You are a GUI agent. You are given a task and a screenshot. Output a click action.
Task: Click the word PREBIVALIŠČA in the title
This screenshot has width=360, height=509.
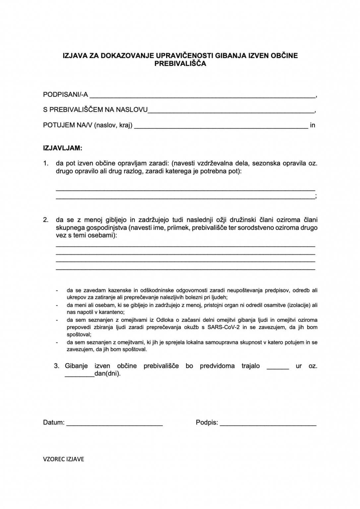(x=180, y=64)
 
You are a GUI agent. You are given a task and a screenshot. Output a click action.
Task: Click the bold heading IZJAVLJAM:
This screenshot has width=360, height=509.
(x=63, y=148)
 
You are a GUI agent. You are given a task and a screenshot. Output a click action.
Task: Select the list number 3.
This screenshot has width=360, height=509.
(x=57, y=366)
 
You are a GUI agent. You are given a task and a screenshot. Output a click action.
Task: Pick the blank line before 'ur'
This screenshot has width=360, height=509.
(x=278, y=368)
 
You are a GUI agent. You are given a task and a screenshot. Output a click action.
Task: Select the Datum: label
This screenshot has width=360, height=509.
(x=54, y=423)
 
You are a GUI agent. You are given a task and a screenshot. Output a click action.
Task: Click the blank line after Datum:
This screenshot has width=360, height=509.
(x=114, y=424)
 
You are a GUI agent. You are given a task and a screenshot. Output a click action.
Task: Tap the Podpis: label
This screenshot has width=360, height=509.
(x=207, y=423)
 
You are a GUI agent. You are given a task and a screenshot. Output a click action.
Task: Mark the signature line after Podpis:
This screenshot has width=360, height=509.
(x=268, y=424)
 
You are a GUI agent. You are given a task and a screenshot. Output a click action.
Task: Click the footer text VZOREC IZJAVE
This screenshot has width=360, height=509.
(x=64, y=459)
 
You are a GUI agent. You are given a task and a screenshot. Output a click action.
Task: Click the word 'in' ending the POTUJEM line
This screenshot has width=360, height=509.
(x=312, y=125)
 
